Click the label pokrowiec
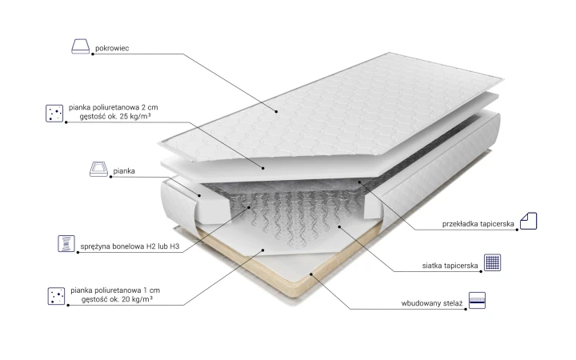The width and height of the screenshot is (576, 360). click(x=112, y=48)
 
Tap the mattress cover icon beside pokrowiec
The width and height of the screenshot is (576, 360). click(x=81, y=46)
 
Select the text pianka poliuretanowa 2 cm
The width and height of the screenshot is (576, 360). click(x=113, y=107)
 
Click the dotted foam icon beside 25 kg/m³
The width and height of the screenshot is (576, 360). click(x=54, y=113)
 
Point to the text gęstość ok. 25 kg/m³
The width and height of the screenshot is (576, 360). click(x=115, y=117)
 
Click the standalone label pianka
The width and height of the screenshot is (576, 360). click(x=124, y=171)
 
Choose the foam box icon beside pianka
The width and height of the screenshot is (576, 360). click(x=99, y=169)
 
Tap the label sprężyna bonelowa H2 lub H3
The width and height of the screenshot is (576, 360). click(x=130, y=246)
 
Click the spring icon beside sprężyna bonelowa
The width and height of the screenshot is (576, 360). click(x=66, y=243)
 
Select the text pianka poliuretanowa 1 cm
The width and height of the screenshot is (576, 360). click(x=115, y=290)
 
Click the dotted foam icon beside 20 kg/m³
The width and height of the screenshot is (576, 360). click(x=56, y=296)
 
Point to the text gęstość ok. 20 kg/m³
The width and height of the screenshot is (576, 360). click(x=117, y=299)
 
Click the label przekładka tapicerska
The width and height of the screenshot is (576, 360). click(x=478, y=224)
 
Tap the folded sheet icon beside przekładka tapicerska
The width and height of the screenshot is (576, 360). click(x=529, y=221)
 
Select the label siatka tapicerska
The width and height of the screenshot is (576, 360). click(x=450, y=266)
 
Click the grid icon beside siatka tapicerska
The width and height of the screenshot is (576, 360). click(x=492, y=262)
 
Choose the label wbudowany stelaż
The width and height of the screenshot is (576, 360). click(x=432, y=303)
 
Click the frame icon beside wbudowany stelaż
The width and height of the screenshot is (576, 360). click(x=477, y=301)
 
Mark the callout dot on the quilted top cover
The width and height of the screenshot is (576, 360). click(x=276, y=111)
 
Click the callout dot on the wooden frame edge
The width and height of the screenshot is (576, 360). click(x=310, y=274)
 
